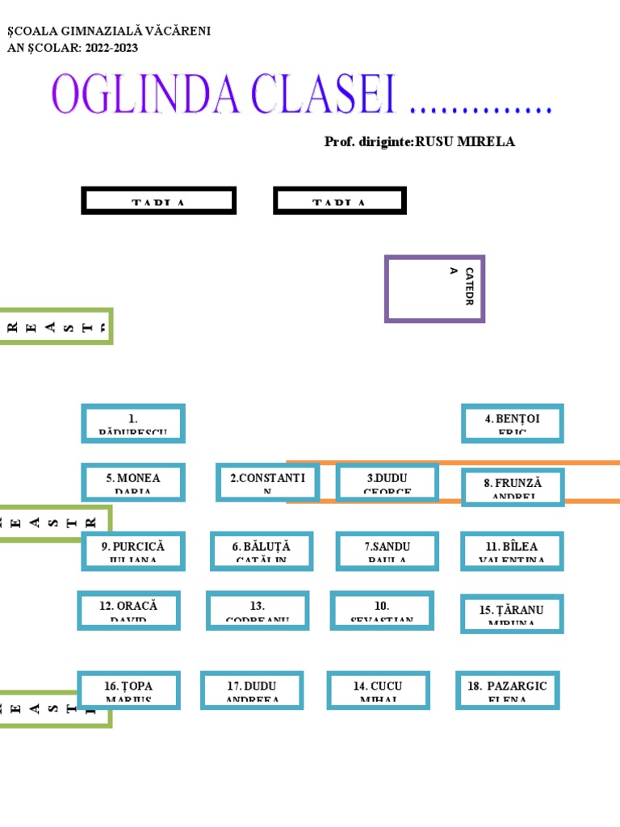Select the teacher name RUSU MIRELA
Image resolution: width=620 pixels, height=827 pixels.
[464, 142]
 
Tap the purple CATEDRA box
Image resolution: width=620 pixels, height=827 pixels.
[434, 288]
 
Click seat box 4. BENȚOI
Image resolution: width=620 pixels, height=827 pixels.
[512, 423]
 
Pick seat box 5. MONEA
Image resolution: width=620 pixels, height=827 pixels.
[133, 482]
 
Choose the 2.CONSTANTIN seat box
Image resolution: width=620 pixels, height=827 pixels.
[267, 482]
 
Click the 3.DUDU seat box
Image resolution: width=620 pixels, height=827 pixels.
[387, 482]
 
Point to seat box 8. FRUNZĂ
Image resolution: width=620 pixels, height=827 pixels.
[512, 487]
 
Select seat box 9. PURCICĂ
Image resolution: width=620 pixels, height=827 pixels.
[133, 551]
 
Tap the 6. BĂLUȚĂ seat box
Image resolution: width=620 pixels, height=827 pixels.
[261, 551]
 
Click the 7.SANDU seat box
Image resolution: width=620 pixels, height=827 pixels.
[387, 551]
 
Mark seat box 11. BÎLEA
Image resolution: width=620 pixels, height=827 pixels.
[512, 551]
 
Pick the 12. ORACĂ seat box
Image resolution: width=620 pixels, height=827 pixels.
[128, 610]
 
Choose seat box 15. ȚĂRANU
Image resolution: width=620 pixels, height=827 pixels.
[512, 614]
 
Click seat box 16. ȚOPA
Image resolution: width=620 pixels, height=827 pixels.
[128, 690]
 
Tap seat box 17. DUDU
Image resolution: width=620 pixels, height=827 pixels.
[252, 690]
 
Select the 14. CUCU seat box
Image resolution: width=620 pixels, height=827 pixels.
[377, 690]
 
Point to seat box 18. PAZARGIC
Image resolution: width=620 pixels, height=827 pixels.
[507, 690]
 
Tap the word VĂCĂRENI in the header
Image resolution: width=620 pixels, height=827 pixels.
[177, 31]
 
